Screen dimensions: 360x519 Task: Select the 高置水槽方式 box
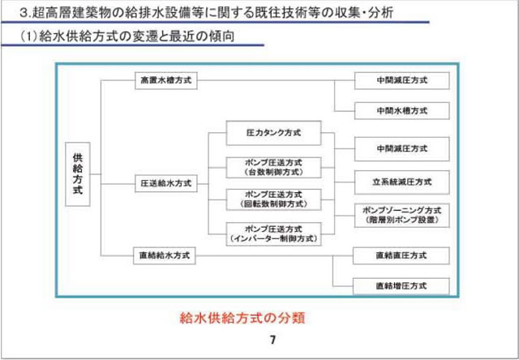166,81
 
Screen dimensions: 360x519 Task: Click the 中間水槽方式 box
401,110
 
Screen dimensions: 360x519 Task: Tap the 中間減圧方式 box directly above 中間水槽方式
401,81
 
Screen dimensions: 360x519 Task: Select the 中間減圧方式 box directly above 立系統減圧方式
401,150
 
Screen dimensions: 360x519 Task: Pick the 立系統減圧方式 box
401,180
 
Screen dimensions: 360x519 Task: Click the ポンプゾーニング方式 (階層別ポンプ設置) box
401,214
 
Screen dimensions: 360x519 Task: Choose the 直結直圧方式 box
401,256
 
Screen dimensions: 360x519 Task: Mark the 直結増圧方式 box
401,285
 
